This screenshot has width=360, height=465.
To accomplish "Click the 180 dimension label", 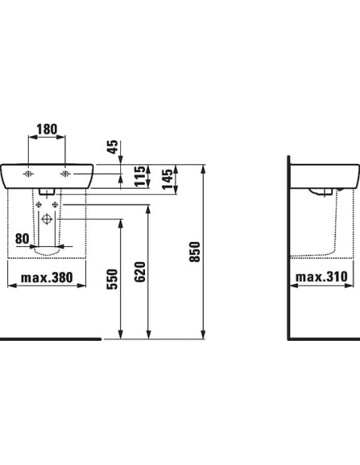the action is [46, 129].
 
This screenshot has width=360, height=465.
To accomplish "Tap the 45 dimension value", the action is [112, 147].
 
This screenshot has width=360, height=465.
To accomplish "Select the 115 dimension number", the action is [139, 176].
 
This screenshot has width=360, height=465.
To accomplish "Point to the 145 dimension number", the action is [167, 179].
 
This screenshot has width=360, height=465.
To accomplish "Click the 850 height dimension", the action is [195, 252].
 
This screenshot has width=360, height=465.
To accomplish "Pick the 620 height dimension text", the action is [140, 272].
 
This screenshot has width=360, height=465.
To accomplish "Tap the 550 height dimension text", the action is [112, 279].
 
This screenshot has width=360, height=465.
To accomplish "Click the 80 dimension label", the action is [22, 239].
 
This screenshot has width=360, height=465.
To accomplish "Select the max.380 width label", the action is [47, 278].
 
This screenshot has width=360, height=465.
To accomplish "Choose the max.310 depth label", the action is [321, 277].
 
